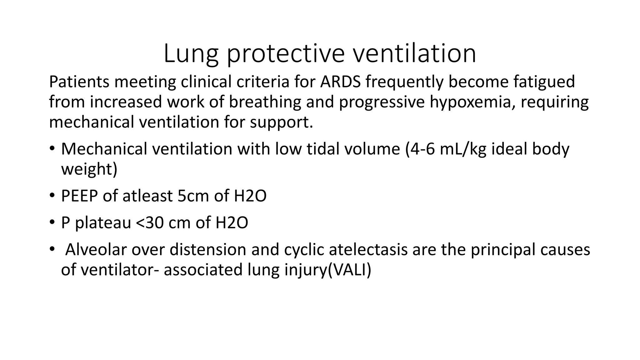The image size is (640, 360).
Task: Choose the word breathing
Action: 265,102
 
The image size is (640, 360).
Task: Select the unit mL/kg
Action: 463,149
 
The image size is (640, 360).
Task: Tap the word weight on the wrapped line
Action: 89,169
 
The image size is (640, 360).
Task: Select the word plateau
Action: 103,223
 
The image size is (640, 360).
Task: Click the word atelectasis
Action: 368,250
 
